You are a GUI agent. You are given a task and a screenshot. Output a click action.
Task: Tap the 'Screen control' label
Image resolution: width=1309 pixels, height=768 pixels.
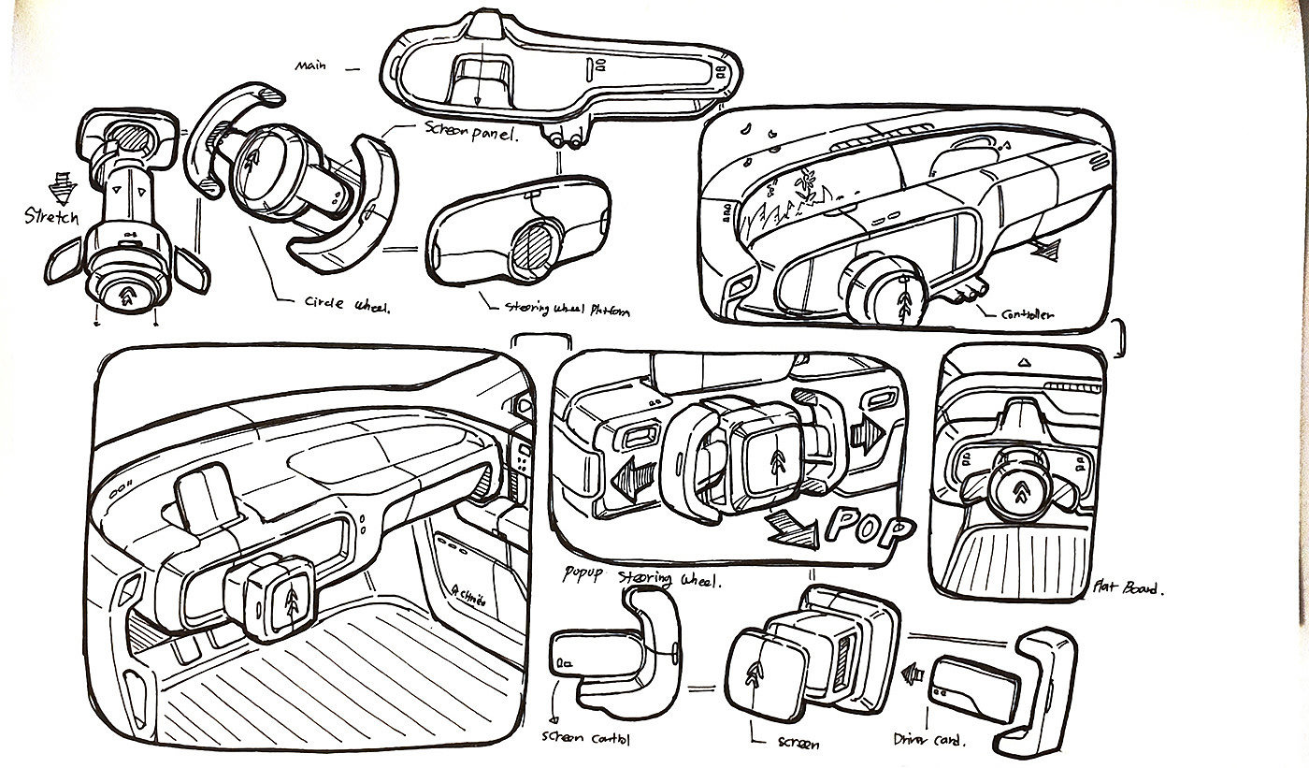586,739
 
